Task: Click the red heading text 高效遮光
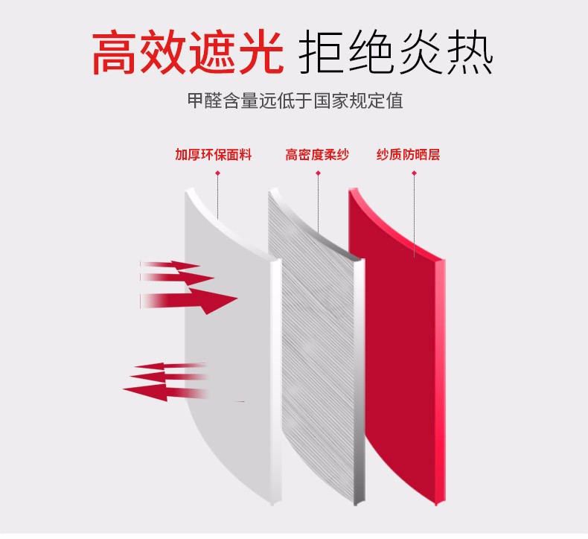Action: (188, 53)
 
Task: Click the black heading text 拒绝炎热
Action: (396, 52)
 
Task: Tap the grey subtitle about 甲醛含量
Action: (295, 101)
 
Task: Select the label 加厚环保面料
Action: (213, 155)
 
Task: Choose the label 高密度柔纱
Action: (317, 155)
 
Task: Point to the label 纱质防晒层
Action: (408, 155)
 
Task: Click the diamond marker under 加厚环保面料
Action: (217, 173)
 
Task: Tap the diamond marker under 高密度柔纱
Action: (318, 173)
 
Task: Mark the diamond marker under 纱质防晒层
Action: (414, 173)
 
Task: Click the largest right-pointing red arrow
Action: (189, 301)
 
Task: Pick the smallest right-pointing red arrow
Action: (170, 265)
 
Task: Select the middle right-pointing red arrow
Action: (177, 278)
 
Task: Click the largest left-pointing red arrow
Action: (165, 392)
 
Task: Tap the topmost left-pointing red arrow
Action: (170, 366)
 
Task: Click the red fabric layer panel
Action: (397, 345)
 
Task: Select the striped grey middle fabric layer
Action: (317, 345)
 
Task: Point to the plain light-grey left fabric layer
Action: (232, 345)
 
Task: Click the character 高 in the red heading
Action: (114, 53)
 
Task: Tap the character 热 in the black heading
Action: (470, 52)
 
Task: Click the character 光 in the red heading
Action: (261, 53)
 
